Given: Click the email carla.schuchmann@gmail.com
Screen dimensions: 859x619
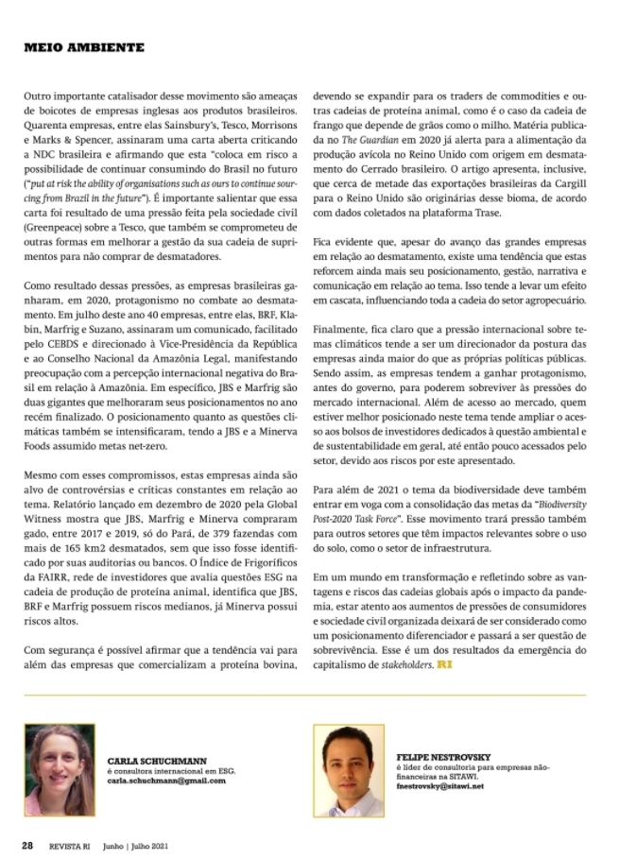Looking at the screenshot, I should pos(167,782).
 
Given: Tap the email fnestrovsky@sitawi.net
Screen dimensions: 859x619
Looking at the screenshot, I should pos(440,785).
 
